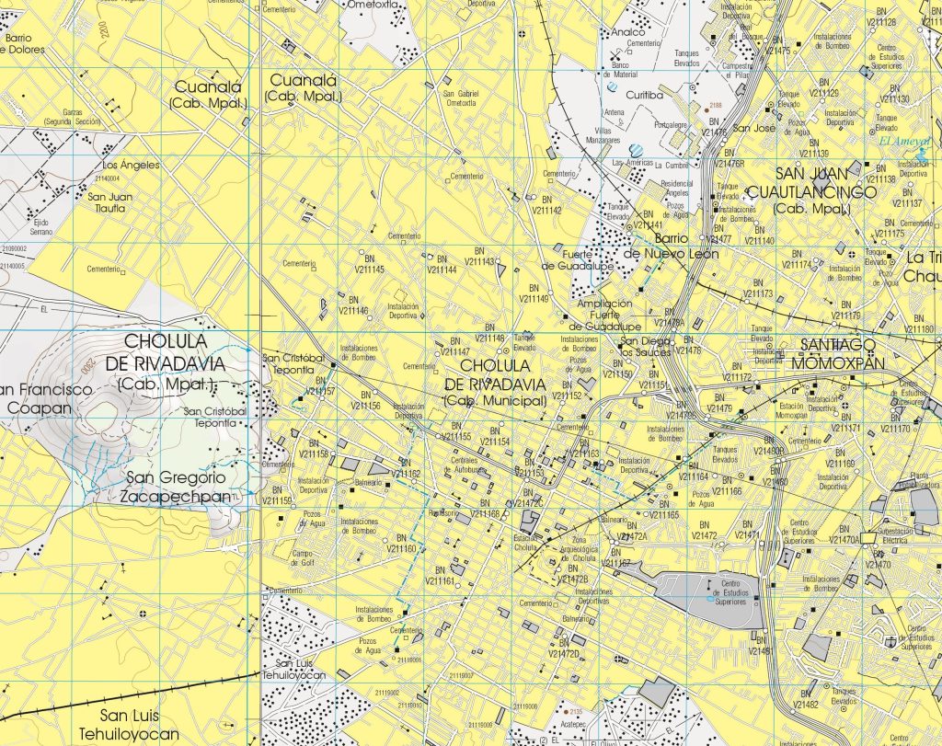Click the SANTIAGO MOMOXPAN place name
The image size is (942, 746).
pos(842,353)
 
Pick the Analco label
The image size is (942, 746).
pos(628,31)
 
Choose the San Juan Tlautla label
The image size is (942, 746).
pos(109,202)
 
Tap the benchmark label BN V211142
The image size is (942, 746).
pos(546,205)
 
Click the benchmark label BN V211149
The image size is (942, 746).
pos(534,293)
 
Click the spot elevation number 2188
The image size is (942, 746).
pos(717,107)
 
